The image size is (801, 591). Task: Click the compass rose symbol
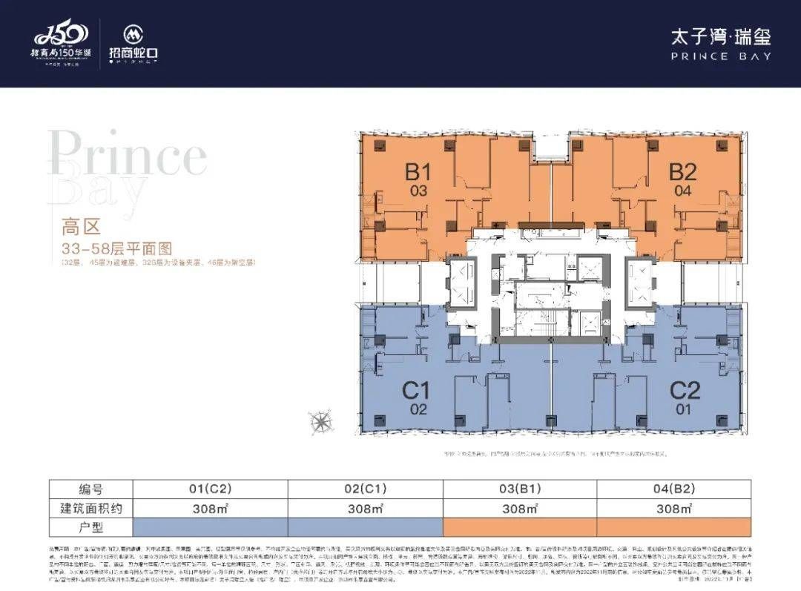pos(321,420)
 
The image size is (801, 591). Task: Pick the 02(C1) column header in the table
pos(364,489)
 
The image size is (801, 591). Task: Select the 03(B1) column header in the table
pos(519,489)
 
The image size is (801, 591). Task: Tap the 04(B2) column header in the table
pos(673,489)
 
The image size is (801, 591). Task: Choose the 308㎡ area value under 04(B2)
pos(673,509)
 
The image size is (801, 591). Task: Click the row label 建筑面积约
pos(90,509)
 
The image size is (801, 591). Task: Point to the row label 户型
pos(90,527)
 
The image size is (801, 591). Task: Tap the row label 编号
pos(90,489)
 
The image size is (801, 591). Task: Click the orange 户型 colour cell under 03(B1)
pos(519,527)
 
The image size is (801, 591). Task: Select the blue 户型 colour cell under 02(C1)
pos(364,527)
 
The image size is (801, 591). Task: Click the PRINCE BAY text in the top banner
pos(720,56)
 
